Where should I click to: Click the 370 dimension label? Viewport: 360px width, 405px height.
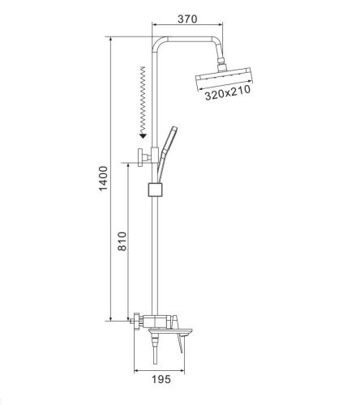coord(187,19)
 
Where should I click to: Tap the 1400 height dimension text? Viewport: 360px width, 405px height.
coord(103,178)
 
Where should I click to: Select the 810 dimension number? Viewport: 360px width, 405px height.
coord(122,241)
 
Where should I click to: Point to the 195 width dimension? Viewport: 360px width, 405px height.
coord(161,379)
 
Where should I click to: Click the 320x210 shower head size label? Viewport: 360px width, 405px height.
coord(228,93)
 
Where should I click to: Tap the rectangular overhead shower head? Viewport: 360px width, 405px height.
coord(224,79)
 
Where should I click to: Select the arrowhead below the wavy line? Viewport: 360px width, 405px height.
coord(143,135)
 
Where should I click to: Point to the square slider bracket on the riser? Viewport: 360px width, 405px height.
coord(156,190)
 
